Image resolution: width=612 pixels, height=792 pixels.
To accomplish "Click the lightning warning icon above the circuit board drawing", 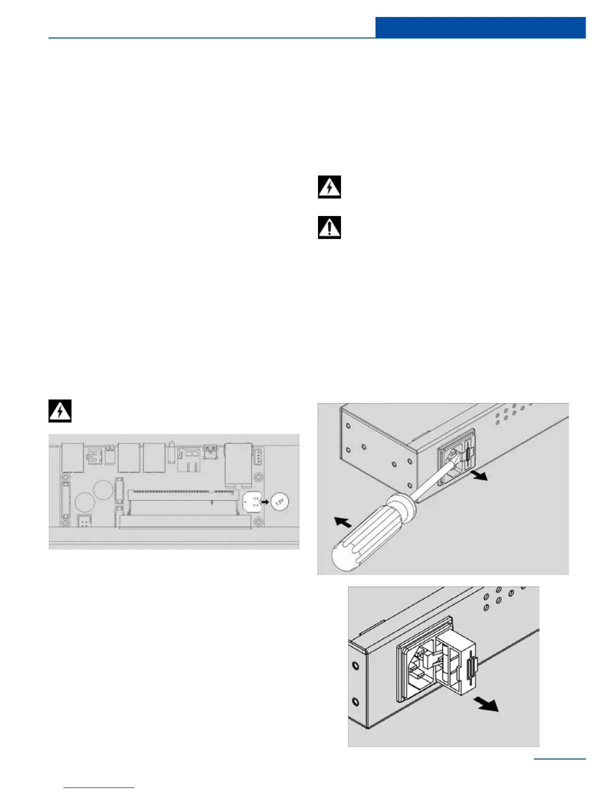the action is point(60,411).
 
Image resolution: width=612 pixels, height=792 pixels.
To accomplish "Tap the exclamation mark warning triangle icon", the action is point(329,227).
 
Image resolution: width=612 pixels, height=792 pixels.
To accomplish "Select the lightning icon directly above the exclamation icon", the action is point(329,187).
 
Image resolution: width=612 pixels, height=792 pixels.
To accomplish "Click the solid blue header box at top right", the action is point(480,27).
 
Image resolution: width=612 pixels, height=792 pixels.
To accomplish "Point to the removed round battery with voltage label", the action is point(280,501).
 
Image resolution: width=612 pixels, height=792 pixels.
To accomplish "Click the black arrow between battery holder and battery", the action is point(266,501).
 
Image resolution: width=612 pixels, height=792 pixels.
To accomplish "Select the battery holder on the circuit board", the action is point(252,501).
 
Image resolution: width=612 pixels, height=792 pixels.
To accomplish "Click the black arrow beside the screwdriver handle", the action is point(342,523).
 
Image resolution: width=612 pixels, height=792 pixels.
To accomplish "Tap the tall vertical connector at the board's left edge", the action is point(65,501).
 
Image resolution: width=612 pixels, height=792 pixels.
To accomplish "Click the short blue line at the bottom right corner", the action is point(559,759).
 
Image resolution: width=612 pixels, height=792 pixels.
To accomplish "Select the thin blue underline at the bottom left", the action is point(99,788).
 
